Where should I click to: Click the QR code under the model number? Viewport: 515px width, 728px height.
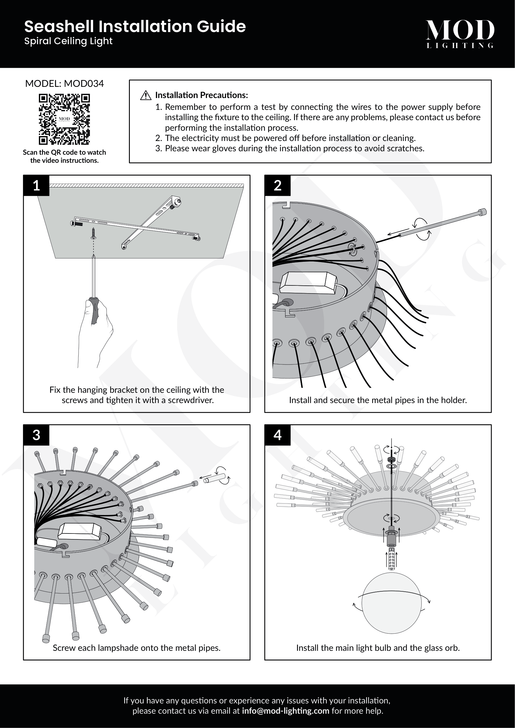(64, 119)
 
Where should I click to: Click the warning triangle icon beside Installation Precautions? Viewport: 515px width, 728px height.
(145, 95)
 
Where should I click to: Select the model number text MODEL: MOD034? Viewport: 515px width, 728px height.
(64, 84)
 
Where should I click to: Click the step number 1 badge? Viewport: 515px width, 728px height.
(36, 186)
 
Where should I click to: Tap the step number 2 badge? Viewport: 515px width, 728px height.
(277, 186)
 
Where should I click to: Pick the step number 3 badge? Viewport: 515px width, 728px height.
(36, 435)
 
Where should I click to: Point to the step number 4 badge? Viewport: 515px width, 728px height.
(277, 435)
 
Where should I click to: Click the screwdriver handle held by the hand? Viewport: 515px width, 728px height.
(94, 310)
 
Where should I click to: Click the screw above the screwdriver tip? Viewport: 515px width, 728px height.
(93, 233)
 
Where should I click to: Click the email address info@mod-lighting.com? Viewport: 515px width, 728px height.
(286, 711)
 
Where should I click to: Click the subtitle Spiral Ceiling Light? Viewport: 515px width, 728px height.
(68, 41)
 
